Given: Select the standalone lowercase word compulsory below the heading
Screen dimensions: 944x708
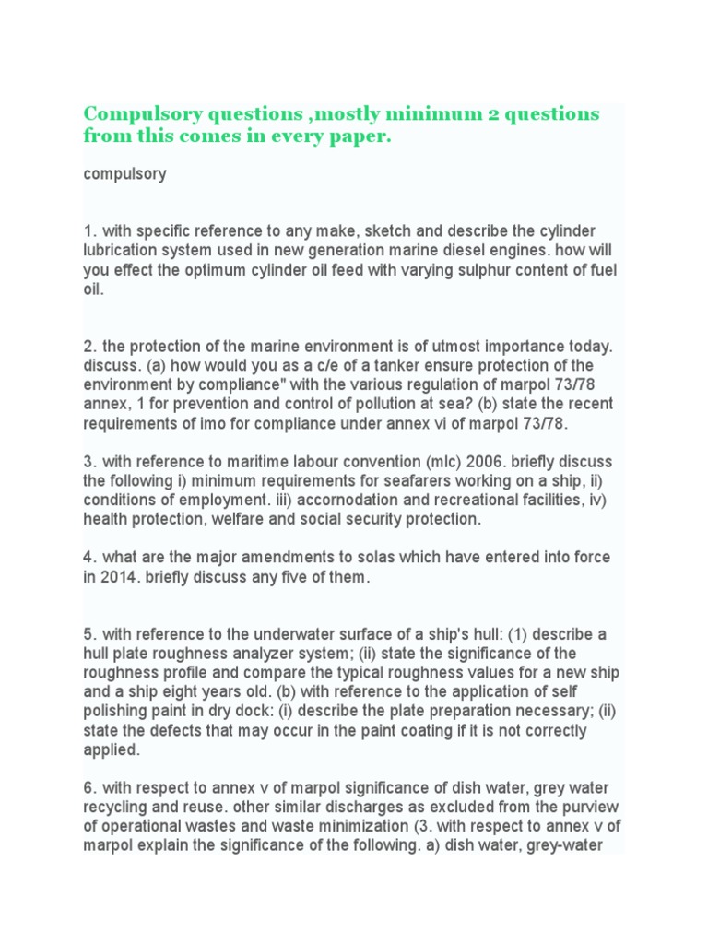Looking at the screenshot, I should (124, 174).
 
